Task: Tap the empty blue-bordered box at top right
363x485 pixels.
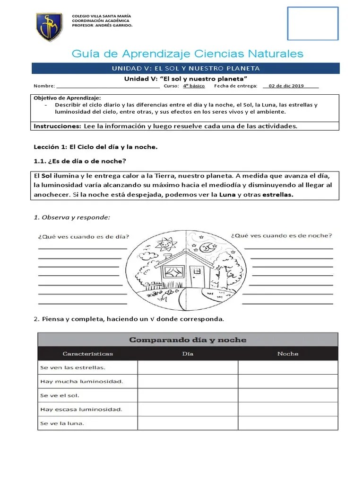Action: coord(313,23)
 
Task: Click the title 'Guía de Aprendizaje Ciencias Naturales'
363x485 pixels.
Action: coord(188,54)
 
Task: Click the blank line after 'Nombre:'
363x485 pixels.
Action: coord(108,86)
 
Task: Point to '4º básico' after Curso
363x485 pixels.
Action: coord(192,86)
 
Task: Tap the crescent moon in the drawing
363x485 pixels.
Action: coord(206,246)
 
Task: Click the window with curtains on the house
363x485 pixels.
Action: coord(172,272)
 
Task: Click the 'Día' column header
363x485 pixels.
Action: coord(188,353)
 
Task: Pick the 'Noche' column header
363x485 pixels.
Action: coord(287,353)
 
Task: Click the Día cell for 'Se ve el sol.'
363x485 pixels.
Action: coord(188,395)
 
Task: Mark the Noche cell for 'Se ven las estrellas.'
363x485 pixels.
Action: coord(287,368)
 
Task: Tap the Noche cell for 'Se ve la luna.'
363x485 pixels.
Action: coord(287,423)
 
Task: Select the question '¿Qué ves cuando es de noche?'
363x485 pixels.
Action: coord(281,235)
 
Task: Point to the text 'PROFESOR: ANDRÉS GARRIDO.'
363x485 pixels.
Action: coord(102,25)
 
